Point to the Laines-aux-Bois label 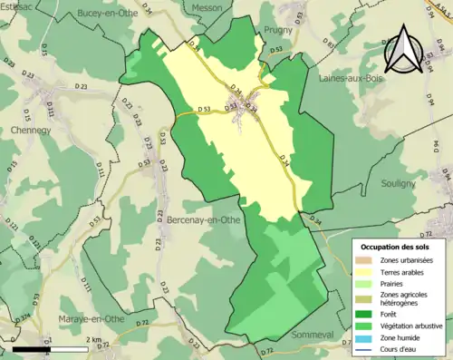click(x=352, y=79)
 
